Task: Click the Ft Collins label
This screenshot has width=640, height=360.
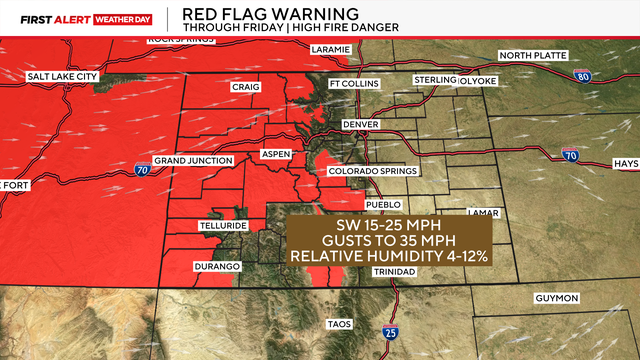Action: click(x=355, y=84)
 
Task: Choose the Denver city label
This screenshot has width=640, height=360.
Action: click(x=360, y=123)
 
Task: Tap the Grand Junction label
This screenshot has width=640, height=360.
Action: click(x=194, y=160)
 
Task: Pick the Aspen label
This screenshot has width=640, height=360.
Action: click(x=275, y=154)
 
